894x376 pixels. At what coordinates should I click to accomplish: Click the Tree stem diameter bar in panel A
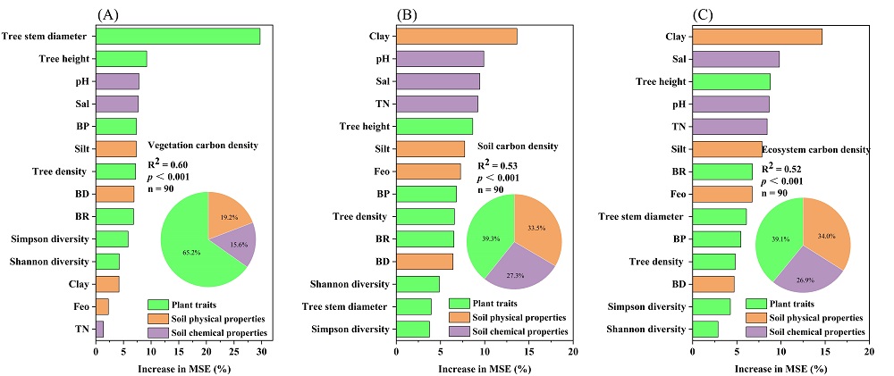click(x=178, y=36)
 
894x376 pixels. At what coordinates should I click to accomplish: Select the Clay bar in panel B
click(x=457, y=36)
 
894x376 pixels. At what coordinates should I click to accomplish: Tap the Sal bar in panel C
click(x=736, y=59)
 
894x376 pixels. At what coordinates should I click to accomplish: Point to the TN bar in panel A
click(x=99, y=330)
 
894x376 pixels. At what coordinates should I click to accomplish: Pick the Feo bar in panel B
click(x=428, y=171)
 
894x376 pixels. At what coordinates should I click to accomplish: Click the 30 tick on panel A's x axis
click(x=261, y=353)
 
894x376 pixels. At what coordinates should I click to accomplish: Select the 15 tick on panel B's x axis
click(x=528, y=353)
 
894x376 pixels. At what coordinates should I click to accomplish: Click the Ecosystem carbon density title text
click(x=815, y=150)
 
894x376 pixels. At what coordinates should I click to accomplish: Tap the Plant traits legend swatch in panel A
click(x=159, y=304)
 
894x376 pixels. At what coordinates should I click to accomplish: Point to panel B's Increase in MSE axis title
click(x=484, y=368)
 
